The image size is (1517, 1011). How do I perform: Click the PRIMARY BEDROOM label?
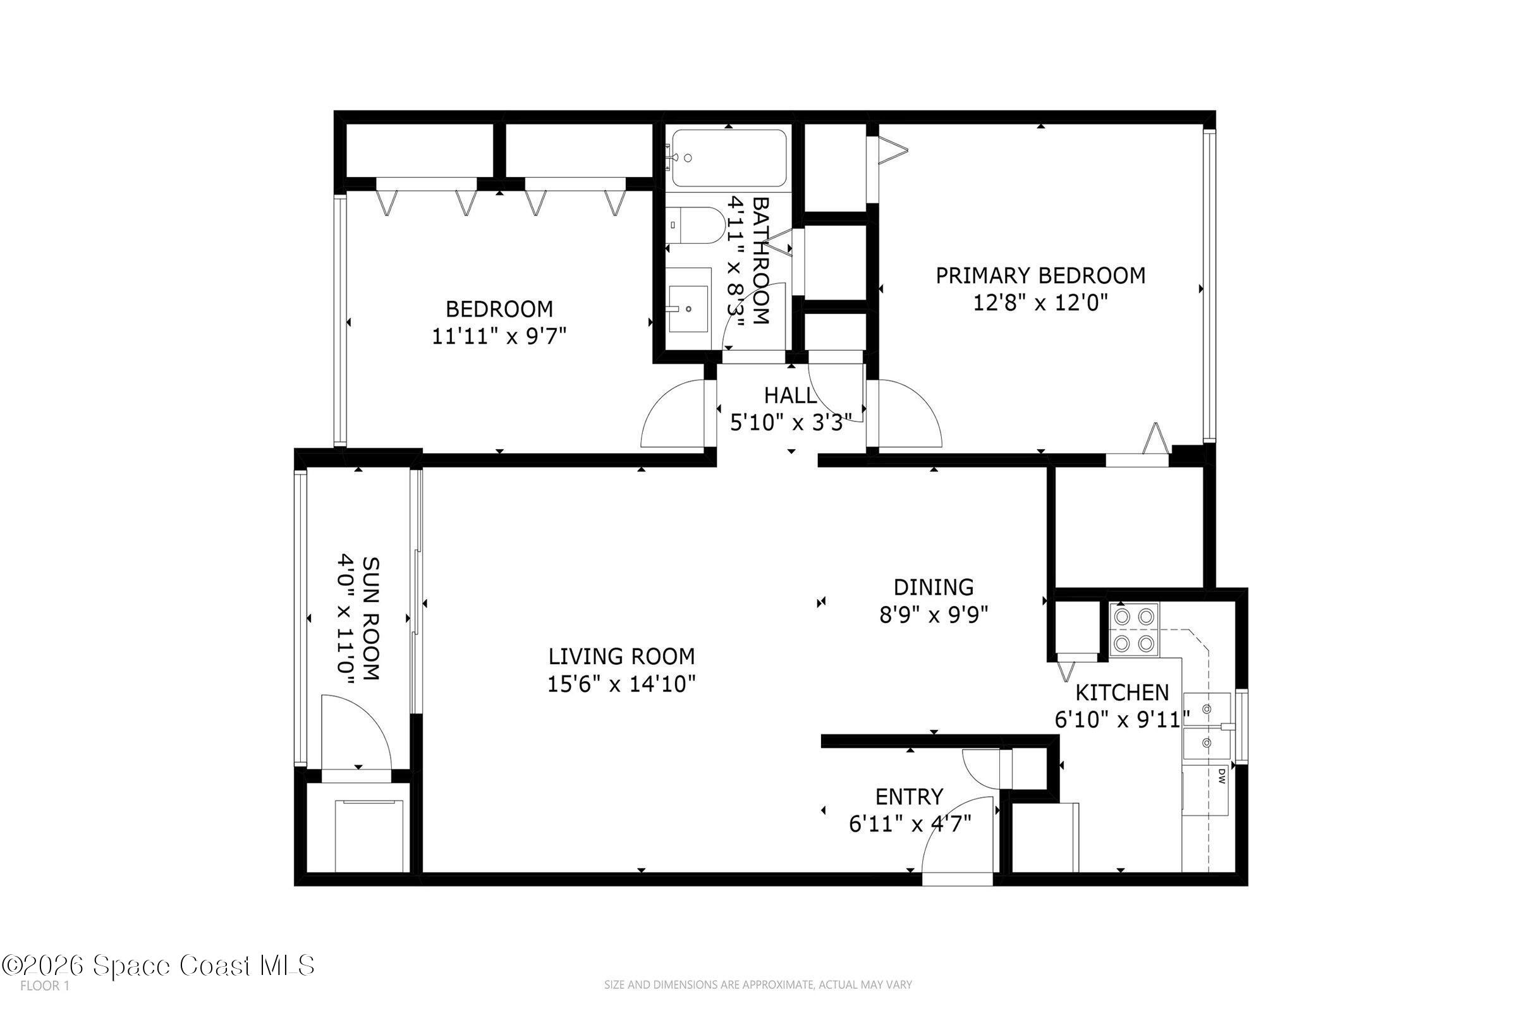point(1040,276)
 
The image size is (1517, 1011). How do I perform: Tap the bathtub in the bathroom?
point(729,158)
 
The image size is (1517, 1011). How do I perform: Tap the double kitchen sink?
point(1207,727)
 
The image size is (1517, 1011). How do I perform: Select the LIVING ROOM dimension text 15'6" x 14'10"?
point(621,684)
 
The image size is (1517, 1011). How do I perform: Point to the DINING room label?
point(934,588)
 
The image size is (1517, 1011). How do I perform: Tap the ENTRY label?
point(909,797)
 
